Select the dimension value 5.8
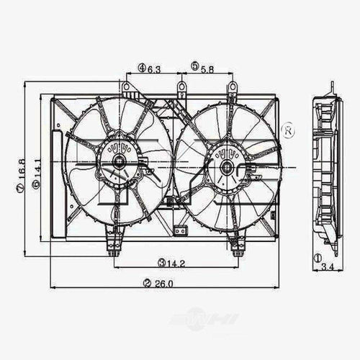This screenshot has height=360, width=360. tap(208, 68)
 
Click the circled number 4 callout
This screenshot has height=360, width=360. tap(143, 68)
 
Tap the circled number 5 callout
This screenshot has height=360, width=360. tap(195, 68)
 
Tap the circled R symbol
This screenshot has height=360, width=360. tap(287, 132)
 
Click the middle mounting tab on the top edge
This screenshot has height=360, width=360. tap(181, 89)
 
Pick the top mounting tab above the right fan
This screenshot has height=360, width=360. tap(233, 89)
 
